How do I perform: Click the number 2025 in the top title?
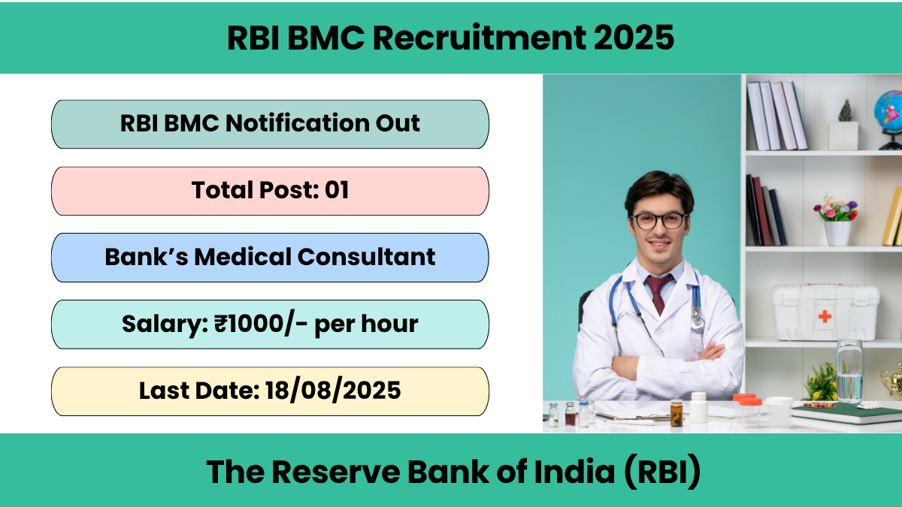coord(634,38)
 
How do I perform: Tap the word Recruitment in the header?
coord(480,38)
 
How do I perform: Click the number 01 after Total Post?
coord(337,190)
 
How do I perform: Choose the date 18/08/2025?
coord(333,391)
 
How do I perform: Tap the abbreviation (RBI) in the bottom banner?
coord(663,472)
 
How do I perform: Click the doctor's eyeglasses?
coord(658,221)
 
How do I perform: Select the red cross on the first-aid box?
coord(825,317)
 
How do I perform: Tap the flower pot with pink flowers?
coord(837,222)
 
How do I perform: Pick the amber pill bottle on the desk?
coord(676,414)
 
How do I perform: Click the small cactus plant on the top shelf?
coord(845,110)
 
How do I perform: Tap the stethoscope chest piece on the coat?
coord(698,322)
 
